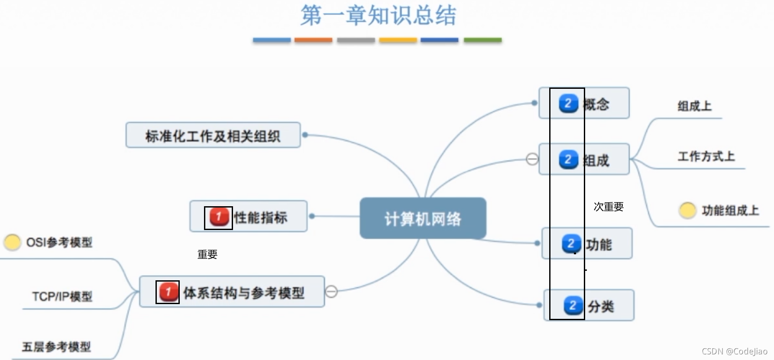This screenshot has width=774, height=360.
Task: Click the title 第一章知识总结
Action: (378, 16)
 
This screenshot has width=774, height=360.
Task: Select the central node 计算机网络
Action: (423, 218)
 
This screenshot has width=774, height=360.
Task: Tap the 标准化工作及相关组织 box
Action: (213, 136)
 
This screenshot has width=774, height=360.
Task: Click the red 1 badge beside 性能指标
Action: (218, 217)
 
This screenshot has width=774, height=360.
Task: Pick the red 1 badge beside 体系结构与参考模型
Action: (168, 292)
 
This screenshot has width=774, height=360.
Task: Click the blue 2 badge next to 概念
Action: (568, 104)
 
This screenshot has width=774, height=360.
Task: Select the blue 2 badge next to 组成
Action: (568, 159)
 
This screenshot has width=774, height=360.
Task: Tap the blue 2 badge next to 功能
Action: (571, 244)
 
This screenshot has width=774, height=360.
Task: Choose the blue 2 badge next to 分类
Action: (573, 306)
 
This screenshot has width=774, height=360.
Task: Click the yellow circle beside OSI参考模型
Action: (12, 242)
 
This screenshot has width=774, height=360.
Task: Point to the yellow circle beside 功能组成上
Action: (687, 211)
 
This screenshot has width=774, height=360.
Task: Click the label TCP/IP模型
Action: (62, 297)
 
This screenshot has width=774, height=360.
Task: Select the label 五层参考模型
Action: (56, 347)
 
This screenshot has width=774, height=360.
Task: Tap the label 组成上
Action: (694, 106)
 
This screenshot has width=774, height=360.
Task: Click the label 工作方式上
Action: (706, 156)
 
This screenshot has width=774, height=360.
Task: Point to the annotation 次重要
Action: (609, 207)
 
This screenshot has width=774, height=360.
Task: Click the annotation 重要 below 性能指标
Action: (207, 254)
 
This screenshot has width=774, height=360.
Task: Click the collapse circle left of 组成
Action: (532, 159)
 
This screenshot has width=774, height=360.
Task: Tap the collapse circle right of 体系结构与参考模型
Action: (331, 292)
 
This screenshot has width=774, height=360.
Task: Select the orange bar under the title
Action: (313, 40)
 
